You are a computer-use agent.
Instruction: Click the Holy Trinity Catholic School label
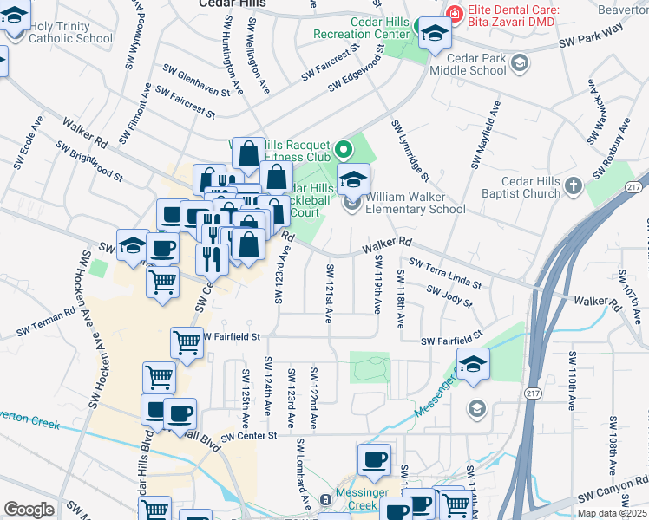pos(71,32)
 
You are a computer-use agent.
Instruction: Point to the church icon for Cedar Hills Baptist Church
pos(572,185)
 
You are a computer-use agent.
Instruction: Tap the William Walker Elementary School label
pos(415,203)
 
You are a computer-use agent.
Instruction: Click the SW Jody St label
pos(449,298)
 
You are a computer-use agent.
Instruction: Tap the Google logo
pos(29,510)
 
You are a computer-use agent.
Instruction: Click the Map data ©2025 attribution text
pos(612,513)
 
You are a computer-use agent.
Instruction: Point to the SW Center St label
pos(248,436)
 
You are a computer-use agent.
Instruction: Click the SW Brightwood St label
pos(89,161)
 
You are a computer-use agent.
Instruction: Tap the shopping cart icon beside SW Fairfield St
pos(187,343)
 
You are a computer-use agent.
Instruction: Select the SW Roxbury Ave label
pos(611,153)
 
